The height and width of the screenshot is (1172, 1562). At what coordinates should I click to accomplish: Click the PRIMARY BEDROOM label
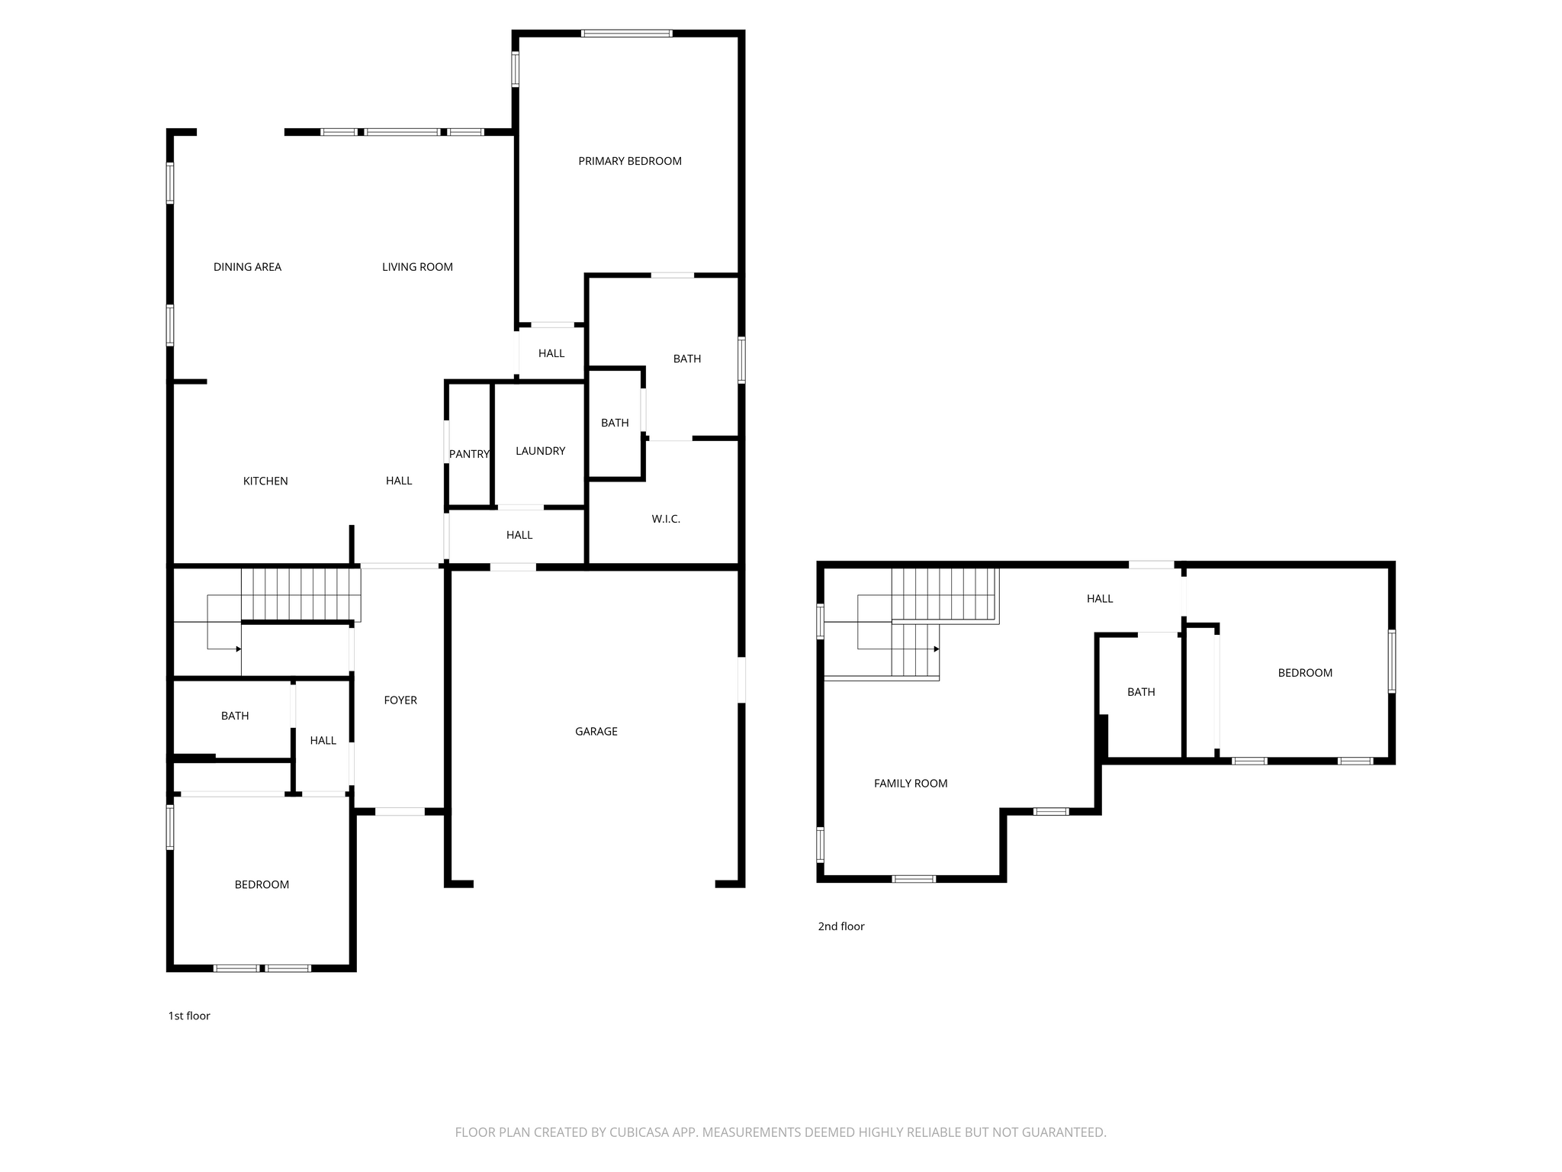(630, 161)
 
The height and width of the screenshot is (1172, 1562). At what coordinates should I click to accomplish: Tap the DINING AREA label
(247, 267)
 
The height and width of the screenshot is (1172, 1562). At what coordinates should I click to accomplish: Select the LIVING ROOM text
(417, 267)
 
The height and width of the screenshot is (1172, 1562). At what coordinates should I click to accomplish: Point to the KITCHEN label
(265, 481)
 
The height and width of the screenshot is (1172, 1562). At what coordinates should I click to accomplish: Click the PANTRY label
(469, 454)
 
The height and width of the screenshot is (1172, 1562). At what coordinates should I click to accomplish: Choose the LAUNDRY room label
(540, 451)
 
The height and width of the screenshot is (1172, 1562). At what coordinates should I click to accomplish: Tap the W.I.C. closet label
(666, 519)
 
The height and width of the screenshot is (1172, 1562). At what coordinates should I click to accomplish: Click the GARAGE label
(596, 731)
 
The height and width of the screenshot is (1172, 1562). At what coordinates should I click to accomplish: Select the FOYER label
(400, 700)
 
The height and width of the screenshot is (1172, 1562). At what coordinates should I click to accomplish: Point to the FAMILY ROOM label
(911, 783)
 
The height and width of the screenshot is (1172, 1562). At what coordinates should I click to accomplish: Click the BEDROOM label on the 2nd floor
(1305, 672)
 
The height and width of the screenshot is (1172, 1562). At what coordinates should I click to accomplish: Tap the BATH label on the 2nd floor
(1141, 692)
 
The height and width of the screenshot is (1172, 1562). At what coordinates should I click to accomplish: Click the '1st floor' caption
(189, 1016)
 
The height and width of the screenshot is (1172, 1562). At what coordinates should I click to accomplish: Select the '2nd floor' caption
(841, 926)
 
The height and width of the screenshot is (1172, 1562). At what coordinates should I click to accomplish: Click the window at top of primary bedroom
(626, 34)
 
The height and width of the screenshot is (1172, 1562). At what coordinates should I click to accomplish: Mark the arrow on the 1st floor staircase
(224, 649)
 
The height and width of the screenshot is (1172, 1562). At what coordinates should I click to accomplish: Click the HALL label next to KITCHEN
(399, 481)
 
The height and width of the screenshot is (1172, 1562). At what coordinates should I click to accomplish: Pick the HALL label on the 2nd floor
(1100, 599)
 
